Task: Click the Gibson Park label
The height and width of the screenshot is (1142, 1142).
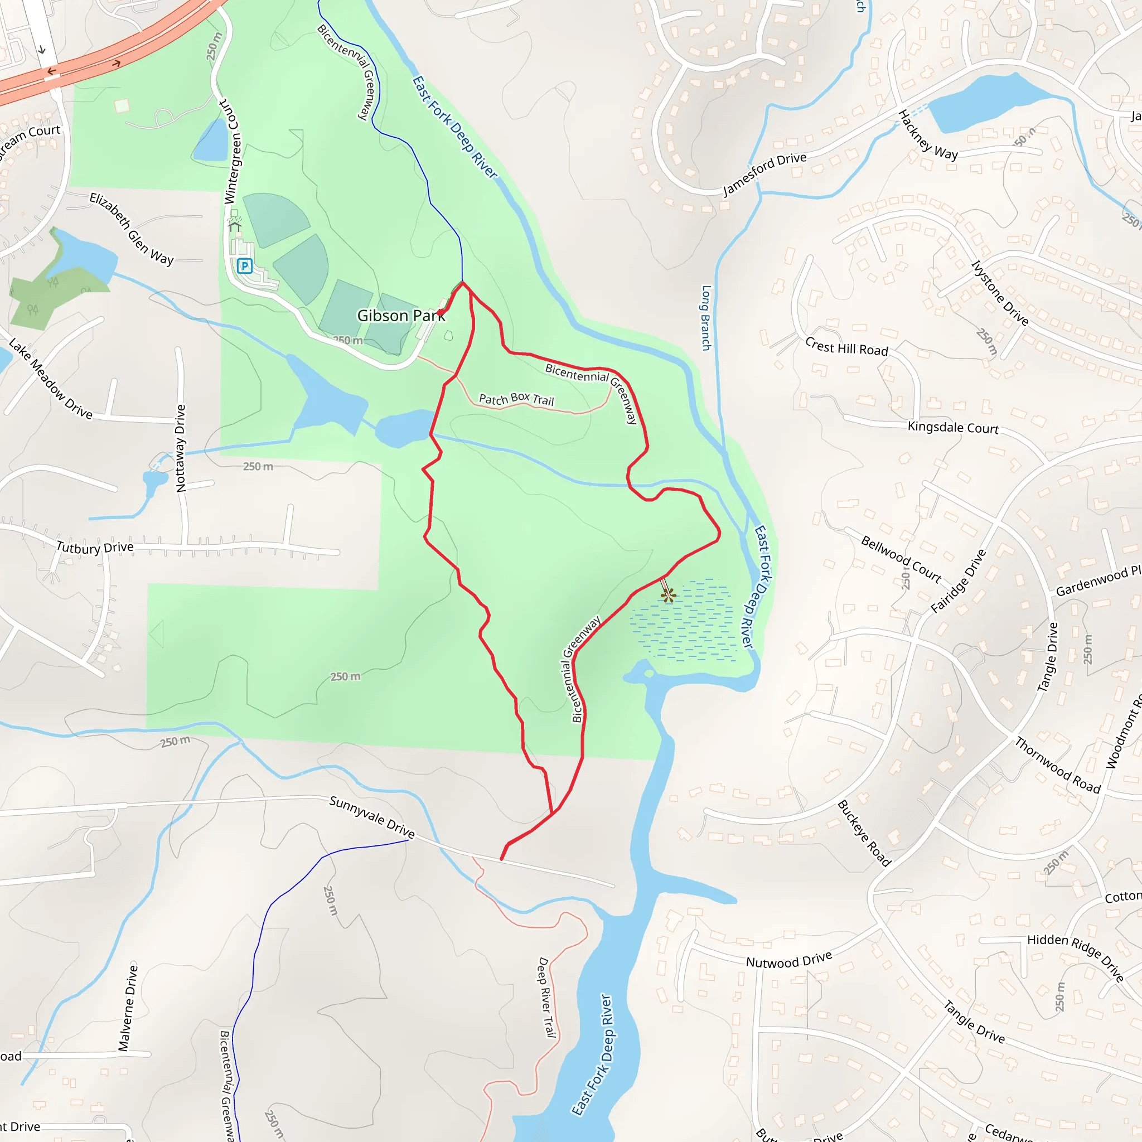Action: pyautogui.click(x=401, y=316)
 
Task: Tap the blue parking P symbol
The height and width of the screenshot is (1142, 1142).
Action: pyautogui.click(x=245, y=266)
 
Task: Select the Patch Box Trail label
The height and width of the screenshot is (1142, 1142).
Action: pyautogui.click(x=516, y=399)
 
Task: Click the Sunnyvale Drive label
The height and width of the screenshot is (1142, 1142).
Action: pyautogui.click(x=372, y=817)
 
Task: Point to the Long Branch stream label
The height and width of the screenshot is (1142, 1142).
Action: pyautogui.click(x=706, y=318)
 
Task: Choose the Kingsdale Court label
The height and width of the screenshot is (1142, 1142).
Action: pyautogui.click(x=953, y=427)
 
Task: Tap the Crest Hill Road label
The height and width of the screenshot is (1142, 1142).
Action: pyautogui.click(x=846, y=346)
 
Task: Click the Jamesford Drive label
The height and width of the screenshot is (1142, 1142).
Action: pyautogui.click(x=764, y=174)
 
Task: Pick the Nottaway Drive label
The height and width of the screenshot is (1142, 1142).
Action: pyautogui.click(x=181, y=448)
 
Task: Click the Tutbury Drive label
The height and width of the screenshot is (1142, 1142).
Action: pyautogui.click(x=95, y=548)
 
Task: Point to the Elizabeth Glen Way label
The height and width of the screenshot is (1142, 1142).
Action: pyautogui.click(x=131, y=229)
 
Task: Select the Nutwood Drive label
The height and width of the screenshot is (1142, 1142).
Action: pyautogui.click(x=788, y=960)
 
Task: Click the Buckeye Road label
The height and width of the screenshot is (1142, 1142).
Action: pyautogui.click(x=864, y=834)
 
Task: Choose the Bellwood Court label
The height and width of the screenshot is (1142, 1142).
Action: pyautogui.click(x=901, y=559)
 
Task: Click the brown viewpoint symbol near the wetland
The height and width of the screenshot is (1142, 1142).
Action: pyautogui.click(x=669, y=595)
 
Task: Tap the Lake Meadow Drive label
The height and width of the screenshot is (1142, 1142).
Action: pyautogui.click(x=51, y=379)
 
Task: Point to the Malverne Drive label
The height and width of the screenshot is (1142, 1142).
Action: pyautogui.click(x=128, y=1008)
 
